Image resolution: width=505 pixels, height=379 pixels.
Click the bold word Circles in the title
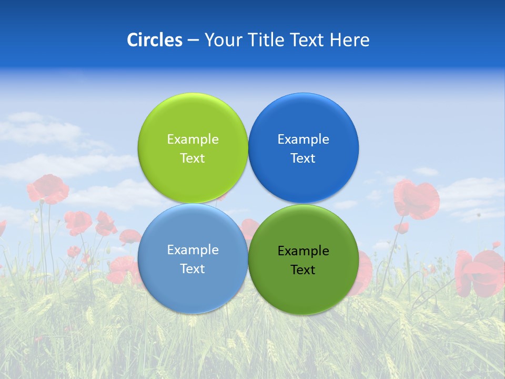(155, 40)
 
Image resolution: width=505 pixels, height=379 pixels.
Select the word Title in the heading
(267, 40)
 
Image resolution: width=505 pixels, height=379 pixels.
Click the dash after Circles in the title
(193, 41)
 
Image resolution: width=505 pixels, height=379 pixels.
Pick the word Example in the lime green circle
(193, 139)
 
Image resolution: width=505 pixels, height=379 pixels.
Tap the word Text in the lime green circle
(193, 158)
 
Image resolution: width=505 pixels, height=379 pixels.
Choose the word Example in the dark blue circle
(303, 139)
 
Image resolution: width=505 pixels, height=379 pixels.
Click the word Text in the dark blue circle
(303, 158)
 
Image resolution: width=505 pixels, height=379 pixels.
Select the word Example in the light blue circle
(193, 250)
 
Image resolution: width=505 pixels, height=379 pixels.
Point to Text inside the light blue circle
(193, 269)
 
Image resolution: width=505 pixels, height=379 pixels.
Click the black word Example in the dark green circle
(303, 251)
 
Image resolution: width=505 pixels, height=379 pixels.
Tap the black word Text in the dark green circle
(303, 270)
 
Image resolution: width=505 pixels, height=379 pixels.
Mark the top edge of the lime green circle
(193, 94)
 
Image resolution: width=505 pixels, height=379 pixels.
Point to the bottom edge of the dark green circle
(303, 314)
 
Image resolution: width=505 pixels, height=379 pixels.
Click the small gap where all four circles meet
(248, 204)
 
